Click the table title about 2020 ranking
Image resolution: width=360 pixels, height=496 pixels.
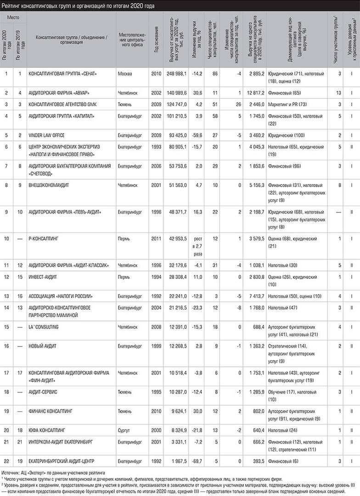tap(78, 5)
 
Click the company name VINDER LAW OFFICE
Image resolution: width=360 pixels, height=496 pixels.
tap(47, 136)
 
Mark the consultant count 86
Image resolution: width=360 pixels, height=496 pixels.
tap(214, 73)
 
